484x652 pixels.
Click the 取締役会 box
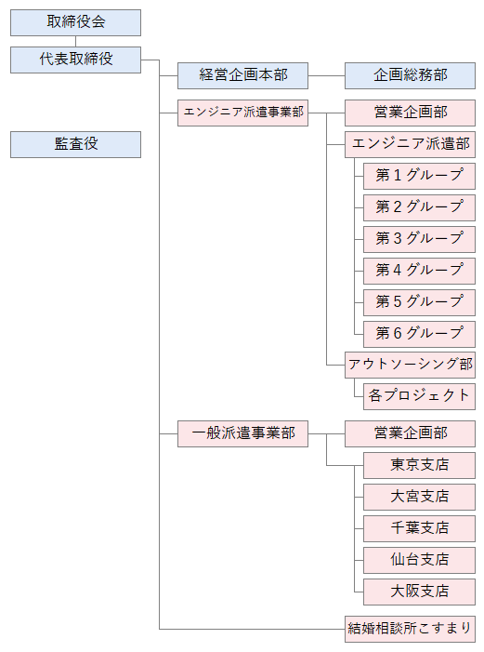click(75, 23)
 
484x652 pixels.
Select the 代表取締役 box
click(75, 60)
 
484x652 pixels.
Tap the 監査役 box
click(75, 145)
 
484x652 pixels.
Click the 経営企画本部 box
click(243, 75)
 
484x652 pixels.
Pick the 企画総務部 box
click(410, 75)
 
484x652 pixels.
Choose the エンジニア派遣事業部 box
click(243, 113)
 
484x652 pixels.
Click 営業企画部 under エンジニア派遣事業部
click(410, 113)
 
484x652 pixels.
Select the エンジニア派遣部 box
click(410, 145)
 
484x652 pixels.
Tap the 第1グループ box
click(420, 177)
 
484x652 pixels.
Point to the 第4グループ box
click(420, 271)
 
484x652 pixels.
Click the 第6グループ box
click(420, 334)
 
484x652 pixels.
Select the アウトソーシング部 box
click(410, 366)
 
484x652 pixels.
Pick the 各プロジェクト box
click(420, 397)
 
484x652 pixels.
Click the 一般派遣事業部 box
click(243, 433)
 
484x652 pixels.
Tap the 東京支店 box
click(420, 466)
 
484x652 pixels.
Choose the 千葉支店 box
click(420, 529)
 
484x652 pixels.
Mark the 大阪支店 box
click(420, 592)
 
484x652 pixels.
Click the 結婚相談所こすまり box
click(410, 629)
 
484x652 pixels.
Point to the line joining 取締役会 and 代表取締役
click(75, 42)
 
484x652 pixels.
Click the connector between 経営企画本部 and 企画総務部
click(327, 75)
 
